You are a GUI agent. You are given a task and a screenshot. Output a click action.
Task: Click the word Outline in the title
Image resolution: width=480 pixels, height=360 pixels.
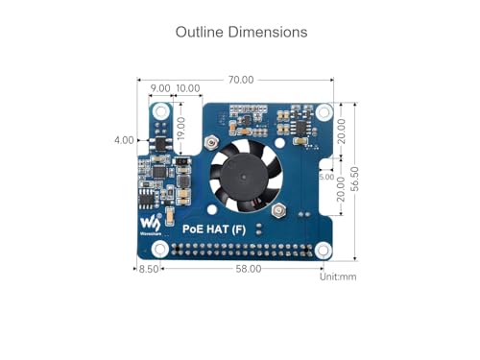pos(199,32)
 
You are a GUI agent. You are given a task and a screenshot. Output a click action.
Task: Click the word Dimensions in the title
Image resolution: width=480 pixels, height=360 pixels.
pos(268,32)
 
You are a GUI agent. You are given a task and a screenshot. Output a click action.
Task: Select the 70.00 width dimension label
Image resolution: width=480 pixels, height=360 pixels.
pos(241,80)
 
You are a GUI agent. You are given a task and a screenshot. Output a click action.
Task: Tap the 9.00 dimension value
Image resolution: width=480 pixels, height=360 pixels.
pos(160,88)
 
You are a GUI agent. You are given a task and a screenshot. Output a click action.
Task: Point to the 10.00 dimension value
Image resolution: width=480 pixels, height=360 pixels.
pos(188,88)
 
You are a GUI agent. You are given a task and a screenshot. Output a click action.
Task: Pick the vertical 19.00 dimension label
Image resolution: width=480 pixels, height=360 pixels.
pos(181,129)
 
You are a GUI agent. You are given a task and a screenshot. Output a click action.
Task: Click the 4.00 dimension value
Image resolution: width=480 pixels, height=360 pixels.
pos(124,140)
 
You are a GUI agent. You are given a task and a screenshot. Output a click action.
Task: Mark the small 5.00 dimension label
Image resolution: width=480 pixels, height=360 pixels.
pos(326,177)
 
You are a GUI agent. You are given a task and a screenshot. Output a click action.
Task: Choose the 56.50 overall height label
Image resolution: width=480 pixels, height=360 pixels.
pos(354,179)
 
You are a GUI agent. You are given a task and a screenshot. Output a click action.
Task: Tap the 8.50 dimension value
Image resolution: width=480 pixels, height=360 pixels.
pos(149,269)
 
